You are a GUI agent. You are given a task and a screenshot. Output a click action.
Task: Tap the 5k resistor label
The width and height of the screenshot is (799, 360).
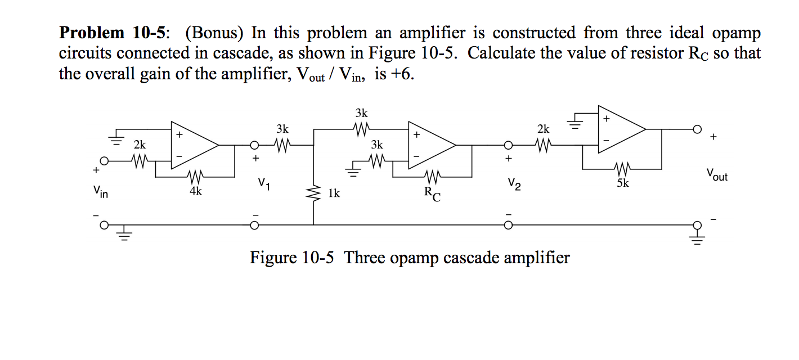(x=622, y=183)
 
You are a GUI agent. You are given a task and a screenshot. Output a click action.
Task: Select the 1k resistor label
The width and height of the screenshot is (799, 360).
(x=334, y=193)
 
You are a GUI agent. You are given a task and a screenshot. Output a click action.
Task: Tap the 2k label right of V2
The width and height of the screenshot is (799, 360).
(x=543, y=129)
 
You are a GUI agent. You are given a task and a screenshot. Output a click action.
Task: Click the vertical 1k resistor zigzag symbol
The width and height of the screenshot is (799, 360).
(x=313, y=193)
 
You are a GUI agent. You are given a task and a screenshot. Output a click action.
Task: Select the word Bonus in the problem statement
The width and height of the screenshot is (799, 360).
(x=213, y=33)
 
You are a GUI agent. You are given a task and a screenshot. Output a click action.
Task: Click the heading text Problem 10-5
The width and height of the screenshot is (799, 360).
(x=113, y=33)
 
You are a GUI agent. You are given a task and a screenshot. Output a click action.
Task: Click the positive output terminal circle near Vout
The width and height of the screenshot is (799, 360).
(x=698, y=129)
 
